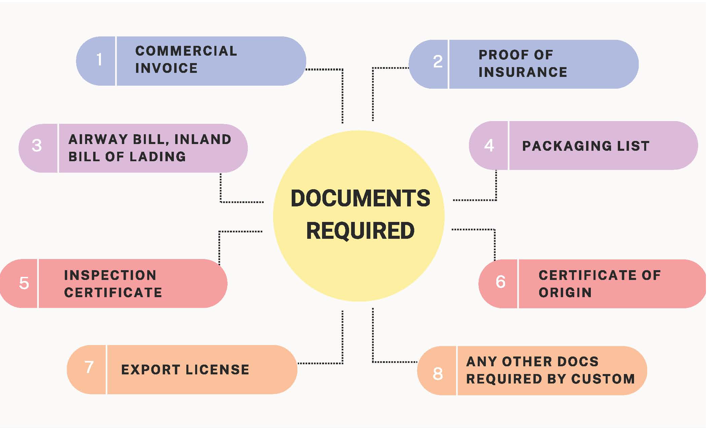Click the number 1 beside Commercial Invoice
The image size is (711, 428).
pos(99,60)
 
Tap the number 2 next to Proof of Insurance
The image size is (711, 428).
pos(438,62)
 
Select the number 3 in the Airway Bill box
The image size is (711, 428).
pos(37,146)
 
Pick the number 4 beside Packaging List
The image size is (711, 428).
pos(489,145)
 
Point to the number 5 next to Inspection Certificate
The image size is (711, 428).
pos(24,283)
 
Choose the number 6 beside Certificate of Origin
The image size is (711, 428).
pos(501,282)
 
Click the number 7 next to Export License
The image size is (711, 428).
pos(89,367)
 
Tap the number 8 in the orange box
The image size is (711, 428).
pos(438,374)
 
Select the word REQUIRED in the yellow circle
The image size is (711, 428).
pos(360,231)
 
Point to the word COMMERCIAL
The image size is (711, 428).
pos(186,51)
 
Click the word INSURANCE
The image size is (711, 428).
pos(523,72)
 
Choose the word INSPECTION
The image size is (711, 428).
pos(110,275)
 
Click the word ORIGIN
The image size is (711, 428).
pos(565,292)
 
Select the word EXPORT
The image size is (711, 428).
pos(151,370)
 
